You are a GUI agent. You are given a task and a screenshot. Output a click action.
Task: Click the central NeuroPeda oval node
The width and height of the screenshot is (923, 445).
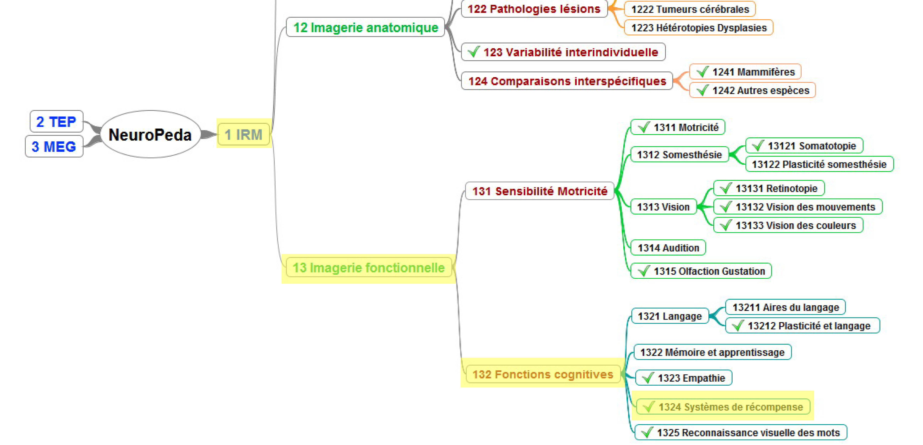click(151, 134)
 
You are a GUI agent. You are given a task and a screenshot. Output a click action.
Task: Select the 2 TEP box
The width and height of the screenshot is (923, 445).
click(56, 121)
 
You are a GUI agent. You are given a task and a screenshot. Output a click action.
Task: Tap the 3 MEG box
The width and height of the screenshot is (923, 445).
click(54, 146)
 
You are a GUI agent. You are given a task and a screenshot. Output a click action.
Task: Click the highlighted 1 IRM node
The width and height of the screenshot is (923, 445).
click(244, 135)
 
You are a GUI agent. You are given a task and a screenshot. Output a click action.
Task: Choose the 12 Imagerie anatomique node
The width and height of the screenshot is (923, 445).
click(365, 27)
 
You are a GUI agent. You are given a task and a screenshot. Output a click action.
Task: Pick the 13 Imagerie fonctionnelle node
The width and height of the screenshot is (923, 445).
click(369, 268)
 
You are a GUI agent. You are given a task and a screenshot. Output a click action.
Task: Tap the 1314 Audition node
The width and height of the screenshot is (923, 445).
click(668, 248)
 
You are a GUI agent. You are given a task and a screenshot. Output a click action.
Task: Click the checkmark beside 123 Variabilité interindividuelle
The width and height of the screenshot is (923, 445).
click(474, 52)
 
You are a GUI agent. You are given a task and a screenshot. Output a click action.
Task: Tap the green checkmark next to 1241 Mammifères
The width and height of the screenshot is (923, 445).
click(703, 72)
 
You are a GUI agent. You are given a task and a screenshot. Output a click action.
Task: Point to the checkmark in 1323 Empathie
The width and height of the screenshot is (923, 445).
click(648, 378)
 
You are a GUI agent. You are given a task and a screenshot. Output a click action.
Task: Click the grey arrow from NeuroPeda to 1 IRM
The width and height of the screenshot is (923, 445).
click(209, 134)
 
